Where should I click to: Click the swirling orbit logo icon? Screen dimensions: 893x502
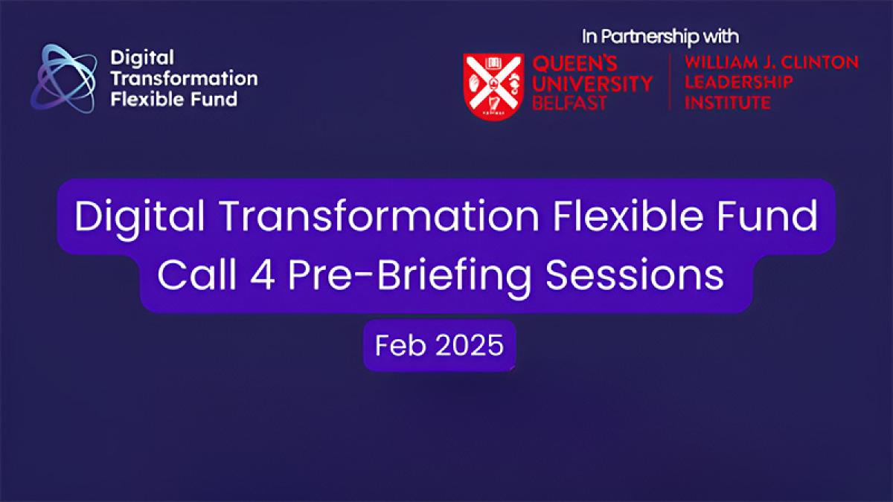pyautogui.click(x=64, y=79)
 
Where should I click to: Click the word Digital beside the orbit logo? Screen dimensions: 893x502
pyautogui.click(x=142, y=59)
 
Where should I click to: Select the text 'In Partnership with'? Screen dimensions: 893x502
pyautogui.click(x=660, y=36)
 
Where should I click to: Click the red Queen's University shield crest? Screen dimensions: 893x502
pyautogui.click(x=493, y=86)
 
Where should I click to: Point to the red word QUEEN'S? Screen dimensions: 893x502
pyautogui.click(x=574, y=63)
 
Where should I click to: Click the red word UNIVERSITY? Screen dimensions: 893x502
pyautogui.click(x=592, y=83)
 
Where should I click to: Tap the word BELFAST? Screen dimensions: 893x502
pyautogui.click(x=569, y=103)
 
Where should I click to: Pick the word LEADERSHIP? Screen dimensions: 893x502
pyautogui.click(x=739, y=82)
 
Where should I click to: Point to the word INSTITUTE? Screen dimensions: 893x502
pyautogui.click(x=727, y=103)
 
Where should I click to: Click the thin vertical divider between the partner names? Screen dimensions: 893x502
pyautogui.click(x=669, y=82)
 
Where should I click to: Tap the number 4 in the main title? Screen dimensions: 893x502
pyautogui.click(x=262, y=276)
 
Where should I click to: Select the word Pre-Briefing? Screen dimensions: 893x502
pyautogui.click(x=410, y=278)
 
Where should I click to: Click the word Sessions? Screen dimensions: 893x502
pyautogui.click(x=635, y=276)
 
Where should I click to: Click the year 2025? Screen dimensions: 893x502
pyautogui.click(x=470, y=345)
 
